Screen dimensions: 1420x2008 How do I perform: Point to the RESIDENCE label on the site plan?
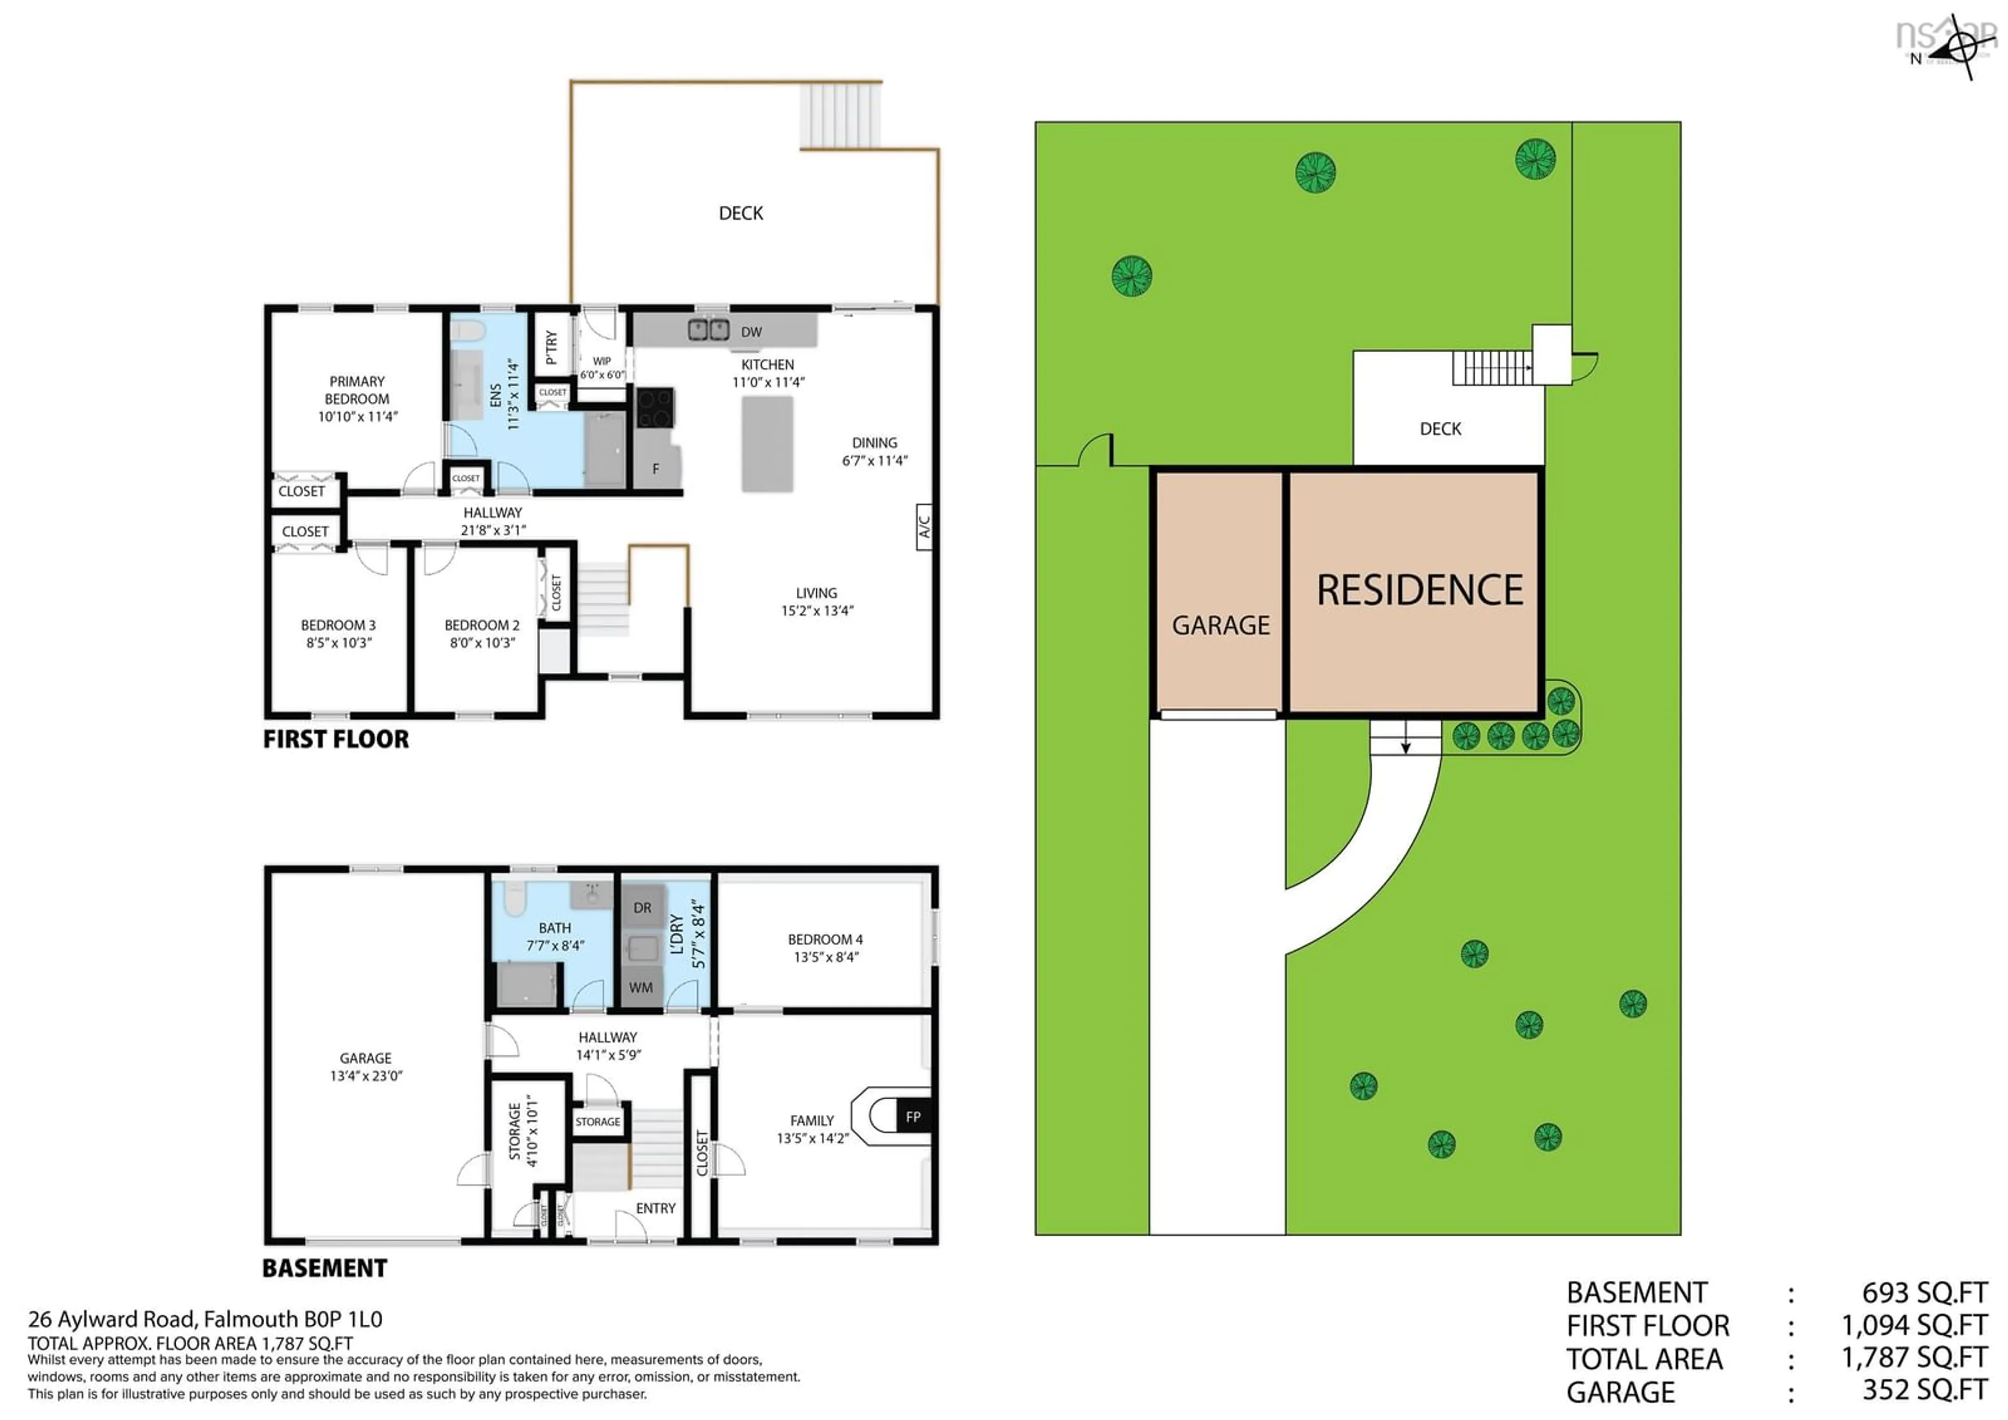pyautogui.click(x=1419, y=591)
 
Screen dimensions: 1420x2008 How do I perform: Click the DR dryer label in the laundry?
pyautogui.click(x=642, y=908)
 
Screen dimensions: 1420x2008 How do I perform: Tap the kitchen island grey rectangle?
pyautogui.click(x=767, y=444)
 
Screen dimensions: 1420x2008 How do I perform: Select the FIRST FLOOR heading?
pyautogui.click(x=336, y=739)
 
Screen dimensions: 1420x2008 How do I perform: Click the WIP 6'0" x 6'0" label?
pyautogui.click(x=602, y=367)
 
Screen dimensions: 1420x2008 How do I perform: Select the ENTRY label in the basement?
pyautogui.click(x=655, y=1208)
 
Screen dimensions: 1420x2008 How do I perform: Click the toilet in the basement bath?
pyautogui.click(x=514, y=898)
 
